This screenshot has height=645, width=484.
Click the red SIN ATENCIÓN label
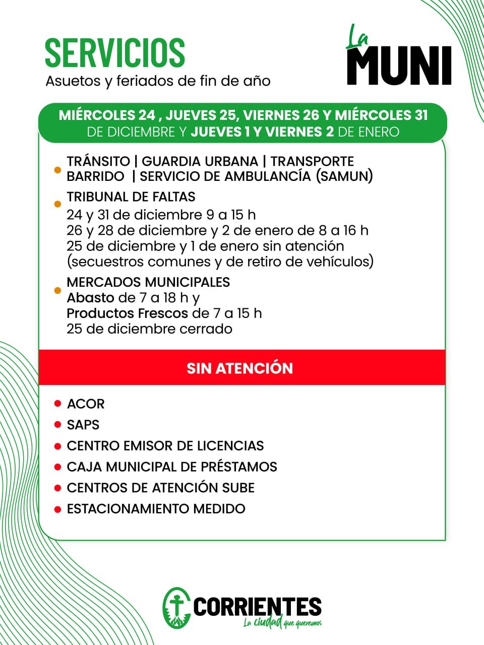tap(239, 368)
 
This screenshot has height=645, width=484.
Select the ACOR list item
tap(86, 404)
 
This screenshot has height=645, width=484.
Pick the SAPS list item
tap(83, 425)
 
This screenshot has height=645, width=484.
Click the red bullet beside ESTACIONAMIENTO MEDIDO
tap(57, 509)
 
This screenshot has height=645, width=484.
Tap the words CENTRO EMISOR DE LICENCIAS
tap(165, 446)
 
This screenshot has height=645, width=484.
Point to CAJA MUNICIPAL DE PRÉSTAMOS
tap(172, 467)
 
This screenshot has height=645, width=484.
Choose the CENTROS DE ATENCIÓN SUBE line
tap(160, 488)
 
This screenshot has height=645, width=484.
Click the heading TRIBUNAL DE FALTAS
tap(131, 197)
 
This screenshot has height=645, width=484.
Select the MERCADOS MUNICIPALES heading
tap(148, 282)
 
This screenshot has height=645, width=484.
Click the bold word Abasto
tap(90, 298)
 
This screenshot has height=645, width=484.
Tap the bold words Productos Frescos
tap(127, 313)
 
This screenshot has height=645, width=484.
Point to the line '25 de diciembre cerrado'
tap(149, 329)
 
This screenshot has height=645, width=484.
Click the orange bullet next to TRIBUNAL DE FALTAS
tap(57, 204)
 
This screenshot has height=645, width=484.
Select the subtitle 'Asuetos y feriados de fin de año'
tap(158, 81)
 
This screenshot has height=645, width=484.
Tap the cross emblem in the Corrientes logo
tap(176, 607)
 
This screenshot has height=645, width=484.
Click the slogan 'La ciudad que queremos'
tap(282, 623)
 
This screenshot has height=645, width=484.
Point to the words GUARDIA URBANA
tap(200, 161)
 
